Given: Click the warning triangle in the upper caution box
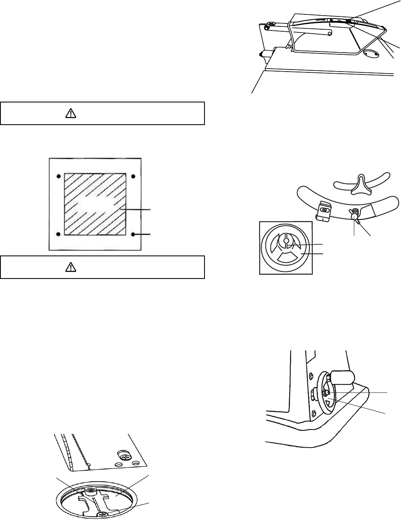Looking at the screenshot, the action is pyautogui.click(x=71, y=114).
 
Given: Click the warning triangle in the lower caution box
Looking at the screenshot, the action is pyautogui.click(x=71, y=268).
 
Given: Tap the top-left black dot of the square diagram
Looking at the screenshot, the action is pyautogui.click(x=59, y=176).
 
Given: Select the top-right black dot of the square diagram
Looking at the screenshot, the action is pyautogui.click(x=132, y=176).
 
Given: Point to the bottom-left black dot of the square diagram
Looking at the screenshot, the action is pyautogui.click(x=59, y=234).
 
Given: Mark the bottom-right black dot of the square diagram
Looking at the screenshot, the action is pyautogui.click(x=133, y=234).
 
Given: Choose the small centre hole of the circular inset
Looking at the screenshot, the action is pyautogui.click(x=286, y=241).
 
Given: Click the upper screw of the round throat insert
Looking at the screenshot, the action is pyautogui.click(x=91, y=490).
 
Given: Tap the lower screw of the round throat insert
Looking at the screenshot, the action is pyautogui.click(x=101, y=514).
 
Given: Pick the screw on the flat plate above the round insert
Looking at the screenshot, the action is pyautogui.click(x=123, y=455).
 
